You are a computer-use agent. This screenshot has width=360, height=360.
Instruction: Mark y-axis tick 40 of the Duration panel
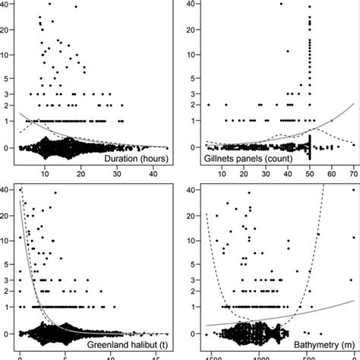point(6,4)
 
